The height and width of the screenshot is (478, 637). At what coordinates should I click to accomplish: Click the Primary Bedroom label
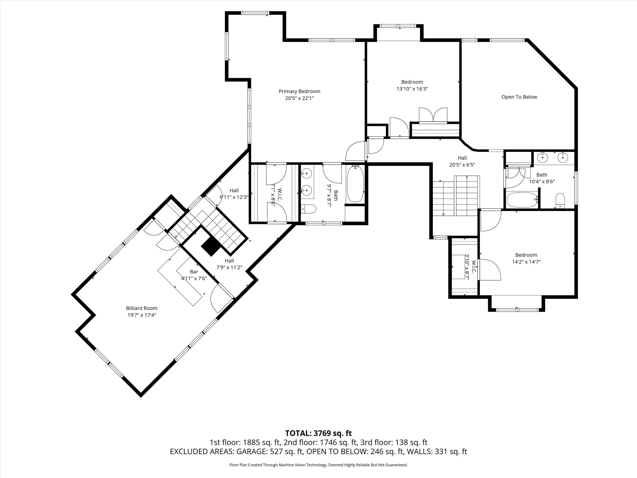point(299,91)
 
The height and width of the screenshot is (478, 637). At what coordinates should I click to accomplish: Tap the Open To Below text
point(519,97)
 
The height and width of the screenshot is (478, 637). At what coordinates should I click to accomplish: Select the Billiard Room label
point(142,308)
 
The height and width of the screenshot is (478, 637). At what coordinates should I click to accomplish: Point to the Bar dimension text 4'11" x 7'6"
point(194,278)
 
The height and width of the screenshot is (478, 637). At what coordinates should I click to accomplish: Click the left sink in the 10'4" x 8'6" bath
point(543,158)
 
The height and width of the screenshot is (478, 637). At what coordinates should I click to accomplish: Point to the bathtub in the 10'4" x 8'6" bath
point(522,200)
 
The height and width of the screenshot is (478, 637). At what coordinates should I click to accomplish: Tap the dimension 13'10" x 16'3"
point(412,89)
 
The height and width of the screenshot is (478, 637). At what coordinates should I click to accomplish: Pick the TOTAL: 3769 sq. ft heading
point(318,433)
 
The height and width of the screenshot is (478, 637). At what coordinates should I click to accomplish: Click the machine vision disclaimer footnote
point(318,465)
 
